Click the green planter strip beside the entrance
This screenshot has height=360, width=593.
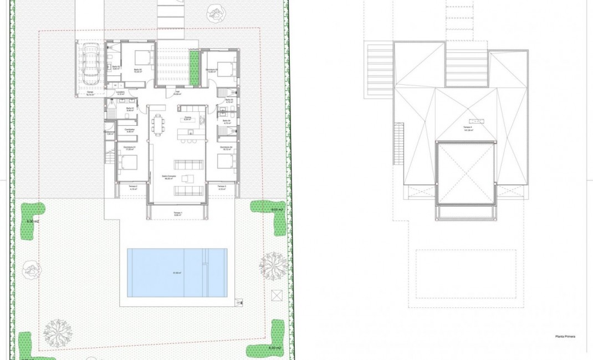[x=195, y=68]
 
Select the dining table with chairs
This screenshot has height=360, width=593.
[x=160, y=124]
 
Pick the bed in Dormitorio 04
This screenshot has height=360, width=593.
[x=224, y=161]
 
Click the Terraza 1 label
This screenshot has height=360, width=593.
[x=178, y=214]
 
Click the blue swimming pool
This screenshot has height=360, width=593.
[x=177, y=272]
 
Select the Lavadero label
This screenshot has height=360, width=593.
[x=120, y=93]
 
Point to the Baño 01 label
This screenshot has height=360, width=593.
[x=130, y=109]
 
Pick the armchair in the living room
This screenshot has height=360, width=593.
[x=186, y=178]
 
